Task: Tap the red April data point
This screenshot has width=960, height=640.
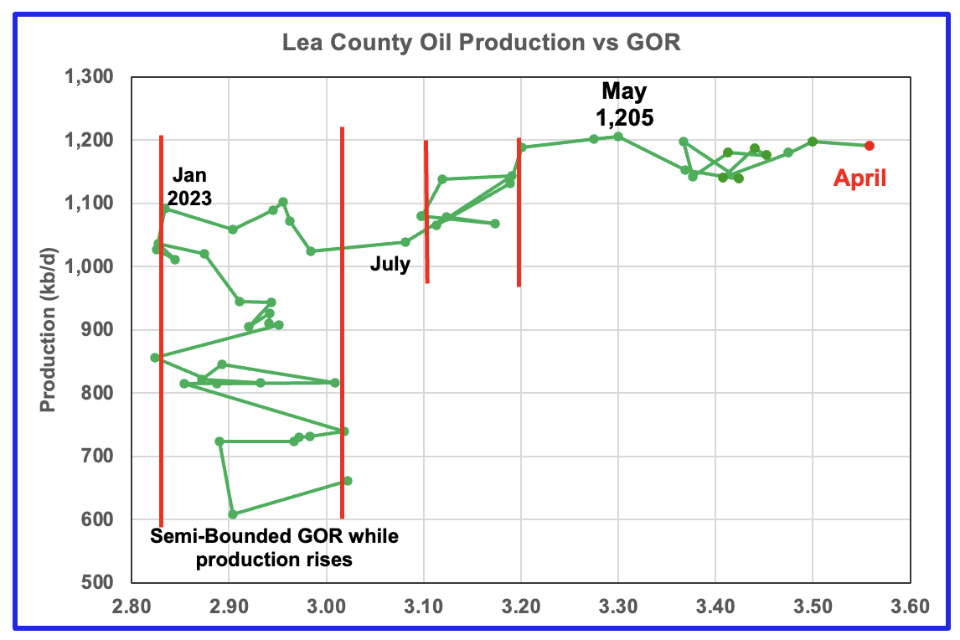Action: [870, 146]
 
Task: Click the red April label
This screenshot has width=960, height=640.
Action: [859, 178]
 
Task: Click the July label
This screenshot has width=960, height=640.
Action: [390, 266]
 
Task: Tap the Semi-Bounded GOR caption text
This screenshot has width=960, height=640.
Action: [275, 547]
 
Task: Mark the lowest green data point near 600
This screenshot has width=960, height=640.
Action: [233, 514]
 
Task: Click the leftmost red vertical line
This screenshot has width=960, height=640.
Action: [161, 335]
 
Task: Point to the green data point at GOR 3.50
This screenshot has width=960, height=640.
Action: [813, 142]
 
